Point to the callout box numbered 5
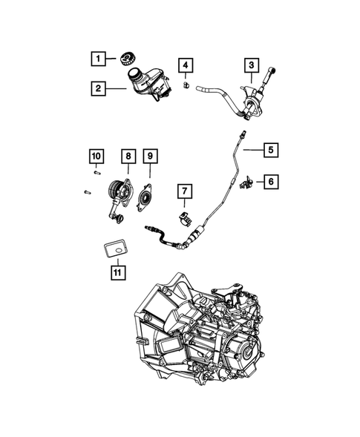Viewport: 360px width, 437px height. coord(271,150)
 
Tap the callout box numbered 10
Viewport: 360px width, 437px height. coord(95,157)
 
